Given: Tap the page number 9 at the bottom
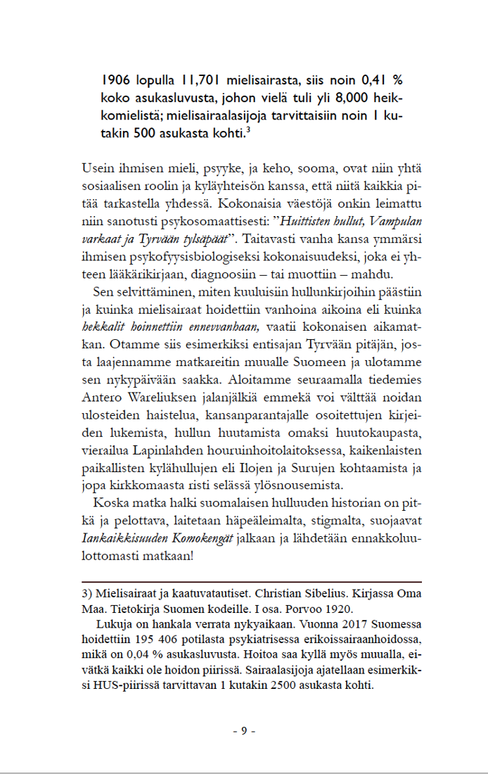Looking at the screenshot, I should click(x=243, y=730).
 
